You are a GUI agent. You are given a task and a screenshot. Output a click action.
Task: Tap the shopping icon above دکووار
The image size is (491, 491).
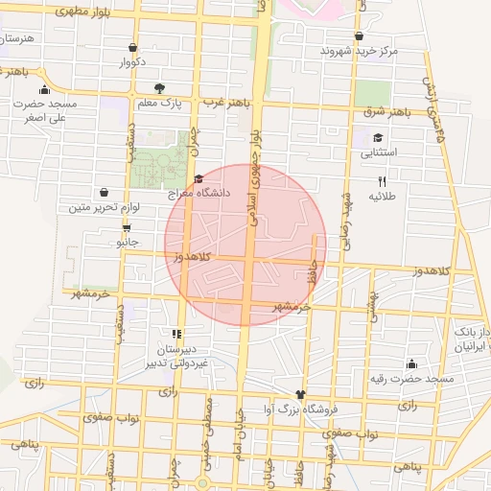pos(131,47)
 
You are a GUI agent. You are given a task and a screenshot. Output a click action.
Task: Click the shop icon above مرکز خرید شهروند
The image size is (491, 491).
pos(359,35)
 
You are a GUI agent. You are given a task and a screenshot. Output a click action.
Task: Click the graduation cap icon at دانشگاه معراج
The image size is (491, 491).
pos(199,178)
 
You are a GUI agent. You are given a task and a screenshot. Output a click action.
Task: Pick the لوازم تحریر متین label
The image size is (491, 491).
pos(105,207)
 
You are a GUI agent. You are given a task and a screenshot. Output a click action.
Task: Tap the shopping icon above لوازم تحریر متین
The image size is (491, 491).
pos(104,192)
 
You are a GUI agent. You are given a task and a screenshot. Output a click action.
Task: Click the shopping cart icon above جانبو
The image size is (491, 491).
pos(127,228)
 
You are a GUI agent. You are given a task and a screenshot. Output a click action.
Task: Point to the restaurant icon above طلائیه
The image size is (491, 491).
pos(382,180)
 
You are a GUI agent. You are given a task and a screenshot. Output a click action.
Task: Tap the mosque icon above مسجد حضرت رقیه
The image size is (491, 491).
pos(411,363)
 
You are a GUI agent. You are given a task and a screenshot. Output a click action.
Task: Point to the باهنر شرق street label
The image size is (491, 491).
pos(386,113)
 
